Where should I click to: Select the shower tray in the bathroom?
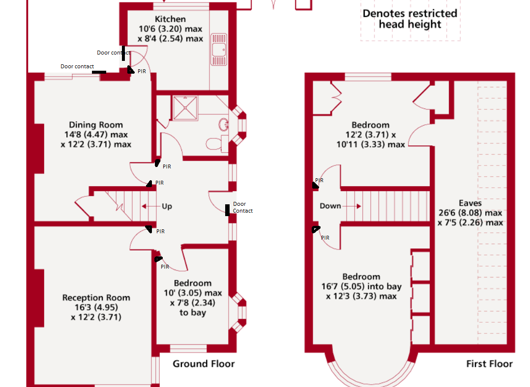184,108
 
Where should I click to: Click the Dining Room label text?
96,125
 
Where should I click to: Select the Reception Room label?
96,298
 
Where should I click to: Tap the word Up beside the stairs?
167,206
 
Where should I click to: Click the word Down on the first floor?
330,206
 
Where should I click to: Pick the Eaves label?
470,203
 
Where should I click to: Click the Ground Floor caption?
204,364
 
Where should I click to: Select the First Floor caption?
489,364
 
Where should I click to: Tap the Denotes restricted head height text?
410,19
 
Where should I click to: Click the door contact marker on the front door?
227,210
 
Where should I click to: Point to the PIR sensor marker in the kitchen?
130,70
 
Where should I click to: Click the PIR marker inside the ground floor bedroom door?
158,259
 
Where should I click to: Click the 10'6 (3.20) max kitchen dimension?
171,29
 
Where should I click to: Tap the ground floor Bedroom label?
193,283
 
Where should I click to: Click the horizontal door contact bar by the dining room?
98,72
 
